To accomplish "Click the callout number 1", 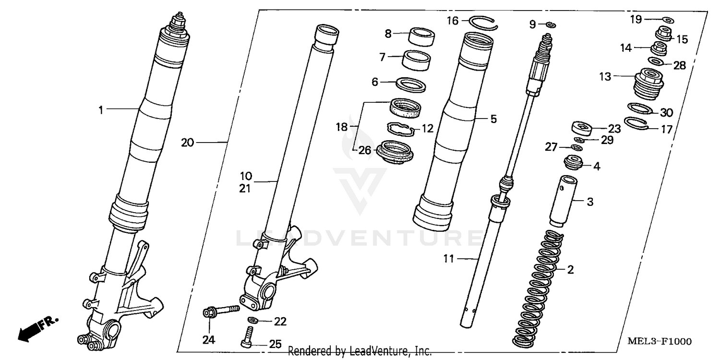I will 101,110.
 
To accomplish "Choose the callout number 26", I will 365,150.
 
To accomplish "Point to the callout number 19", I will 636,19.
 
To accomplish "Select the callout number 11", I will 448,259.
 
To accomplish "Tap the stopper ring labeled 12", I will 400,129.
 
